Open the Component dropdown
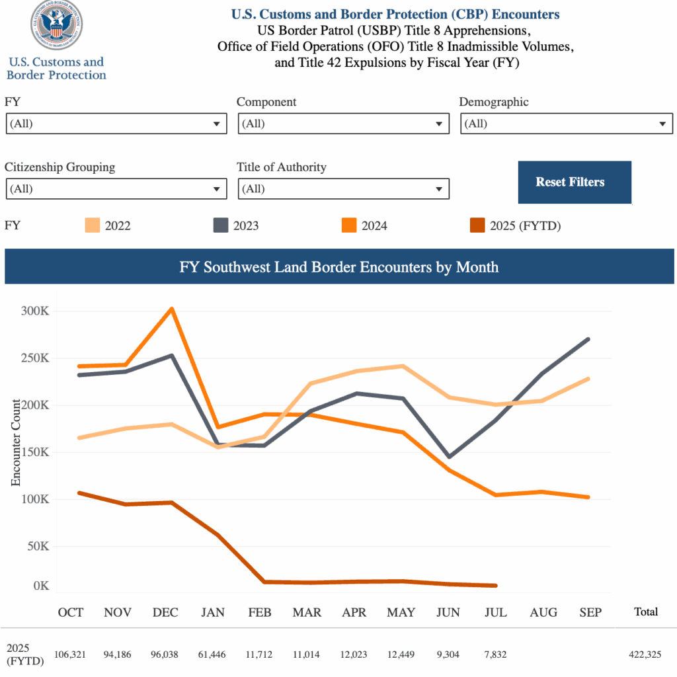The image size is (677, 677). click(343, 124)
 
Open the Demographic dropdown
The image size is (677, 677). click(566, 124)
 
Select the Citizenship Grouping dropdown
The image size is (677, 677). click(116, 189)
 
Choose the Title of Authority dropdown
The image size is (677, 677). click(343, 189)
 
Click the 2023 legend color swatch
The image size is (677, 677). click(220, 225)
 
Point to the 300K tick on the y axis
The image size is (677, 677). click(36, 311)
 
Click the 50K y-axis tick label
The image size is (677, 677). click(38, 547)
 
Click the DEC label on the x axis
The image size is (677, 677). click(165, 612)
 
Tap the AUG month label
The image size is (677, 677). click(543, 612)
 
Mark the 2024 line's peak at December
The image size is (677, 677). click(172, 309)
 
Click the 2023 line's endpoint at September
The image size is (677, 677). click(588, 340)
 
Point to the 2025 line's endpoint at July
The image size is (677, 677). click(495, 586)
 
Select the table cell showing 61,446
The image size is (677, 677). click(212, 655)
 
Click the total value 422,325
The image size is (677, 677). click(646, 655)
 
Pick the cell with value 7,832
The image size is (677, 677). click(495, 655)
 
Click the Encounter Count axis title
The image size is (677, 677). click(16, 442)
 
